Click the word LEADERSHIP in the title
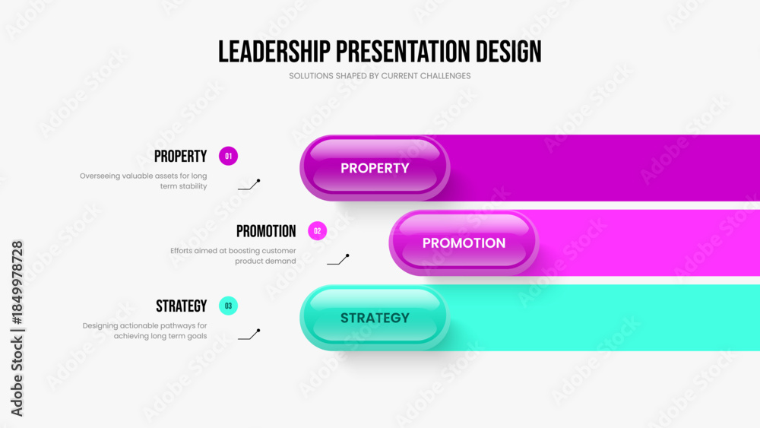[274, 52]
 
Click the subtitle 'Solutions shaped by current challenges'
[379, 76]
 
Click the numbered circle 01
[228, 156]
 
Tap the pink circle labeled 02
[318, 230]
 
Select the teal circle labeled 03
[228, 306]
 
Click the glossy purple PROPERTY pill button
[375, 168]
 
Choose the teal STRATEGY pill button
[375, 318]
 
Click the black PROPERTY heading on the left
[180, 156]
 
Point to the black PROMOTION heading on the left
[266, 231]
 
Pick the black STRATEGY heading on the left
[182, 306]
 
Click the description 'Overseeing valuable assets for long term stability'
[144, 181]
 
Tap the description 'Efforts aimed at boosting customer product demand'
[233, 255]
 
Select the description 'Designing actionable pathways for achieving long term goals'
[145, 331]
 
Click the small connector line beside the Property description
[249, 185]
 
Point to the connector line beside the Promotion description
[338, 259]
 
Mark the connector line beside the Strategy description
[249, 334]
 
